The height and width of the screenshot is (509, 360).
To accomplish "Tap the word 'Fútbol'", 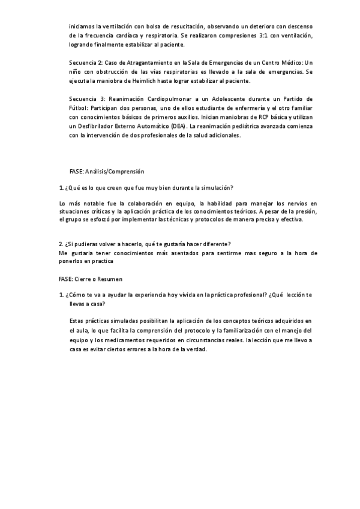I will point(79,107).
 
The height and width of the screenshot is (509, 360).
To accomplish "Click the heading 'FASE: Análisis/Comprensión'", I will point(106,172).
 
